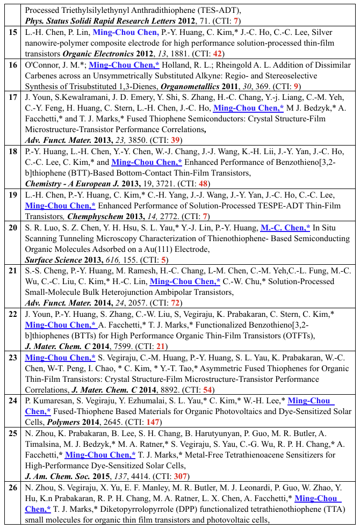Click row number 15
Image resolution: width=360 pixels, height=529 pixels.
click(x=13, y=33)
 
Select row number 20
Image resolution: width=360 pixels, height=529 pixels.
click(x=13, y=227)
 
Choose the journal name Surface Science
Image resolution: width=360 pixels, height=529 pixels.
click(x=53, y=258)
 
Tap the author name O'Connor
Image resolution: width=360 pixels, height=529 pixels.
click(x=44, y=64)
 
